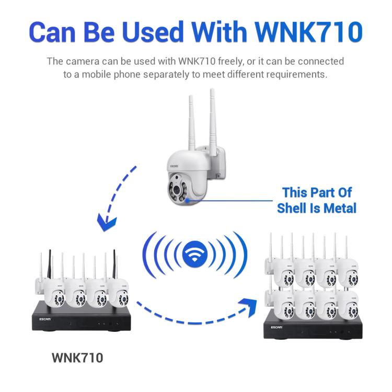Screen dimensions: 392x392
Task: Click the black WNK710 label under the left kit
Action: point(77,358)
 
